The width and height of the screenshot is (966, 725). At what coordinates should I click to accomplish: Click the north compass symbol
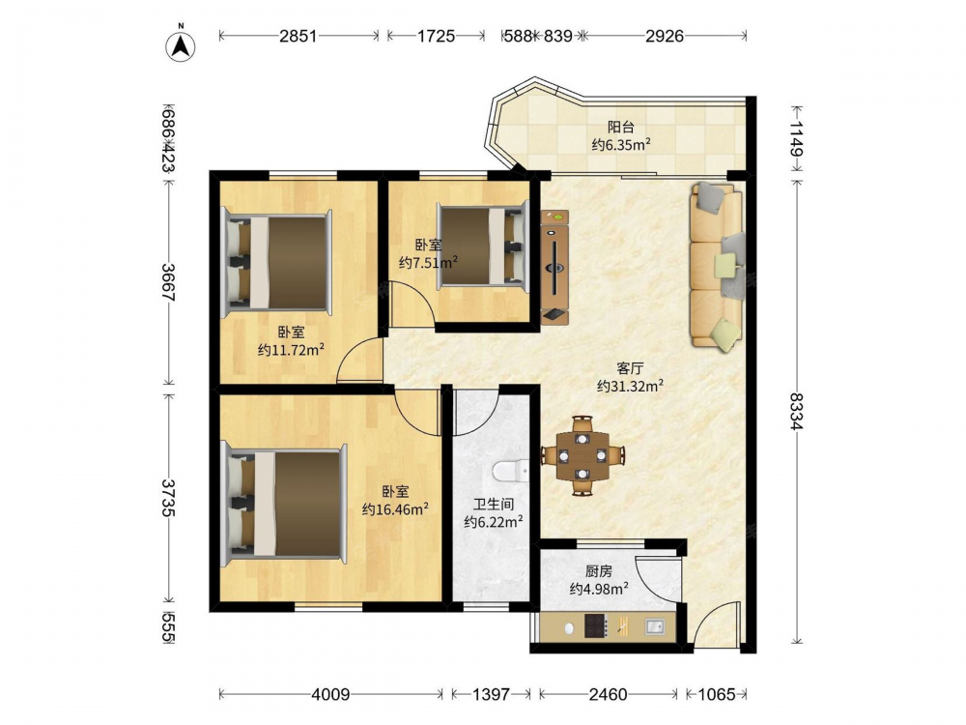point(181,45)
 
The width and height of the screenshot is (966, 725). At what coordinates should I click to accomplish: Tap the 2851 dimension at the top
point(298,36)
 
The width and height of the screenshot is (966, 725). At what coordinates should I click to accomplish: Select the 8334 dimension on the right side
point(798,411)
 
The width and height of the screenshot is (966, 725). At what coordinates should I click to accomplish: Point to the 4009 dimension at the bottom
point(330,695)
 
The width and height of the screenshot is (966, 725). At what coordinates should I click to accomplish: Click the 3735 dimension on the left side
point(168,497)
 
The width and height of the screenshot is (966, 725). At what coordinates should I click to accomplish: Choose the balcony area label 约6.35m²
point(621,145)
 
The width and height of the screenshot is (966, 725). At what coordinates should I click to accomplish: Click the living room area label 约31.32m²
point(630,387)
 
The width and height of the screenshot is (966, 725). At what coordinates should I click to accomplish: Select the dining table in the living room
point(582,455)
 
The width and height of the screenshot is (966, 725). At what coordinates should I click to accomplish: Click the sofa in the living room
point(717,267)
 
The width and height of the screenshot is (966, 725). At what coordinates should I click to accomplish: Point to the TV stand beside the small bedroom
point(554,267)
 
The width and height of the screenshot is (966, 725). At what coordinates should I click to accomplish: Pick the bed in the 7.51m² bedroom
point(483,246)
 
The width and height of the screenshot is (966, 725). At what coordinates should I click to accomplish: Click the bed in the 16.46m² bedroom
point(284,503)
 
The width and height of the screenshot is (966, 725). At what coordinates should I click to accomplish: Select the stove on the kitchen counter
point(595,626)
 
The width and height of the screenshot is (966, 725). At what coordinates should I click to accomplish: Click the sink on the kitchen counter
point(655,627)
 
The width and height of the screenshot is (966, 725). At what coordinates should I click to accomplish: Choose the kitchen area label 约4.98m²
point(599,589)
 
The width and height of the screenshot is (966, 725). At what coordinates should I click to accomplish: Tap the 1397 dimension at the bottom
point(491,695)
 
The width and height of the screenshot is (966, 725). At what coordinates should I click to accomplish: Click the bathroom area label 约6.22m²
point(494,522)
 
